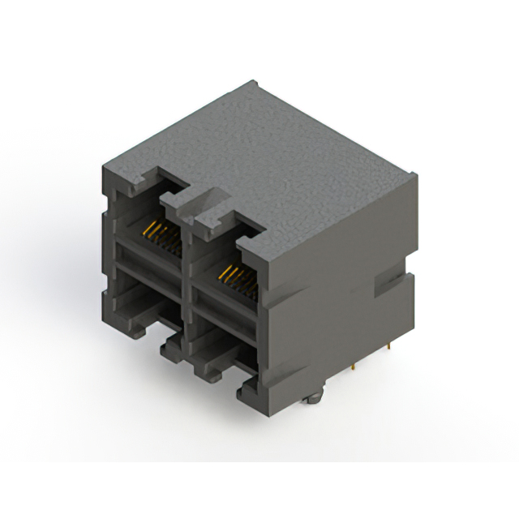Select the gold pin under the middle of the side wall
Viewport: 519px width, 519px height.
354,370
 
